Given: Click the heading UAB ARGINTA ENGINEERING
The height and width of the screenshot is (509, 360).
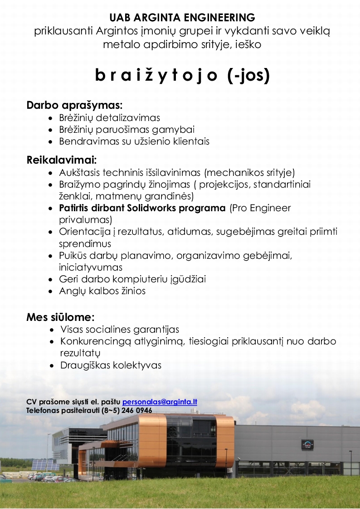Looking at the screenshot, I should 182,18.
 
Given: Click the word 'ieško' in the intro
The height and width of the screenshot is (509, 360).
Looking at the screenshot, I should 248,45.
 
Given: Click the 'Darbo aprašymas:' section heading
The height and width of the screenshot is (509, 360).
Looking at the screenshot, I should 75,106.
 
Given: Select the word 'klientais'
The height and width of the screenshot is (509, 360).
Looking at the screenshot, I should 190,141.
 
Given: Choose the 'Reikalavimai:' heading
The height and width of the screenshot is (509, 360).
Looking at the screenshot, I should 62,160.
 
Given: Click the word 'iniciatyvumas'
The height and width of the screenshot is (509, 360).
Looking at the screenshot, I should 91,267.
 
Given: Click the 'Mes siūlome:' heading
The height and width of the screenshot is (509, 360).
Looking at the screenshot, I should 60,317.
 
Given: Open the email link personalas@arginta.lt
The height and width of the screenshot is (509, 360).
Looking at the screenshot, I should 160,402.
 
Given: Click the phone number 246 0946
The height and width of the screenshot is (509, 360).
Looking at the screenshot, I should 137,411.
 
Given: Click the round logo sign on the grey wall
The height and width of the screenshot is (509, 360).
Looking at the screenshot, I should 307,445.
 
